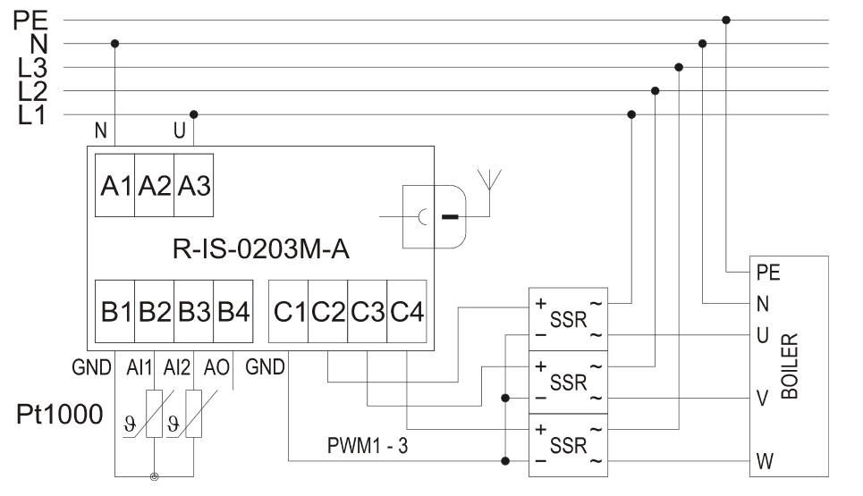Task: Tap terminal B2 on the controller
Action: click(x=154, y=313)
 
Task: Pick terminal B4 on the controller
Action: click(x=233, y=313)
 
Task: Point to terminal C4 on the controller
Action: click(x=407, y=313)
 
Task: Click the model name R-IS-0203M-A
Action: click(x=260, y=249)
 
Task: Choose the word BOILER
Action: click(x=790, y=367)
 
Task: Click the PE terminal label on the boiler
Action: click(x=767, y=271)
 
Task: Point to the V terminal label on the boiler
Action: click(x=762, y=399)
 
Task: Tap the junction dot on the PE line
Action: click(x=726, y=20)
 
